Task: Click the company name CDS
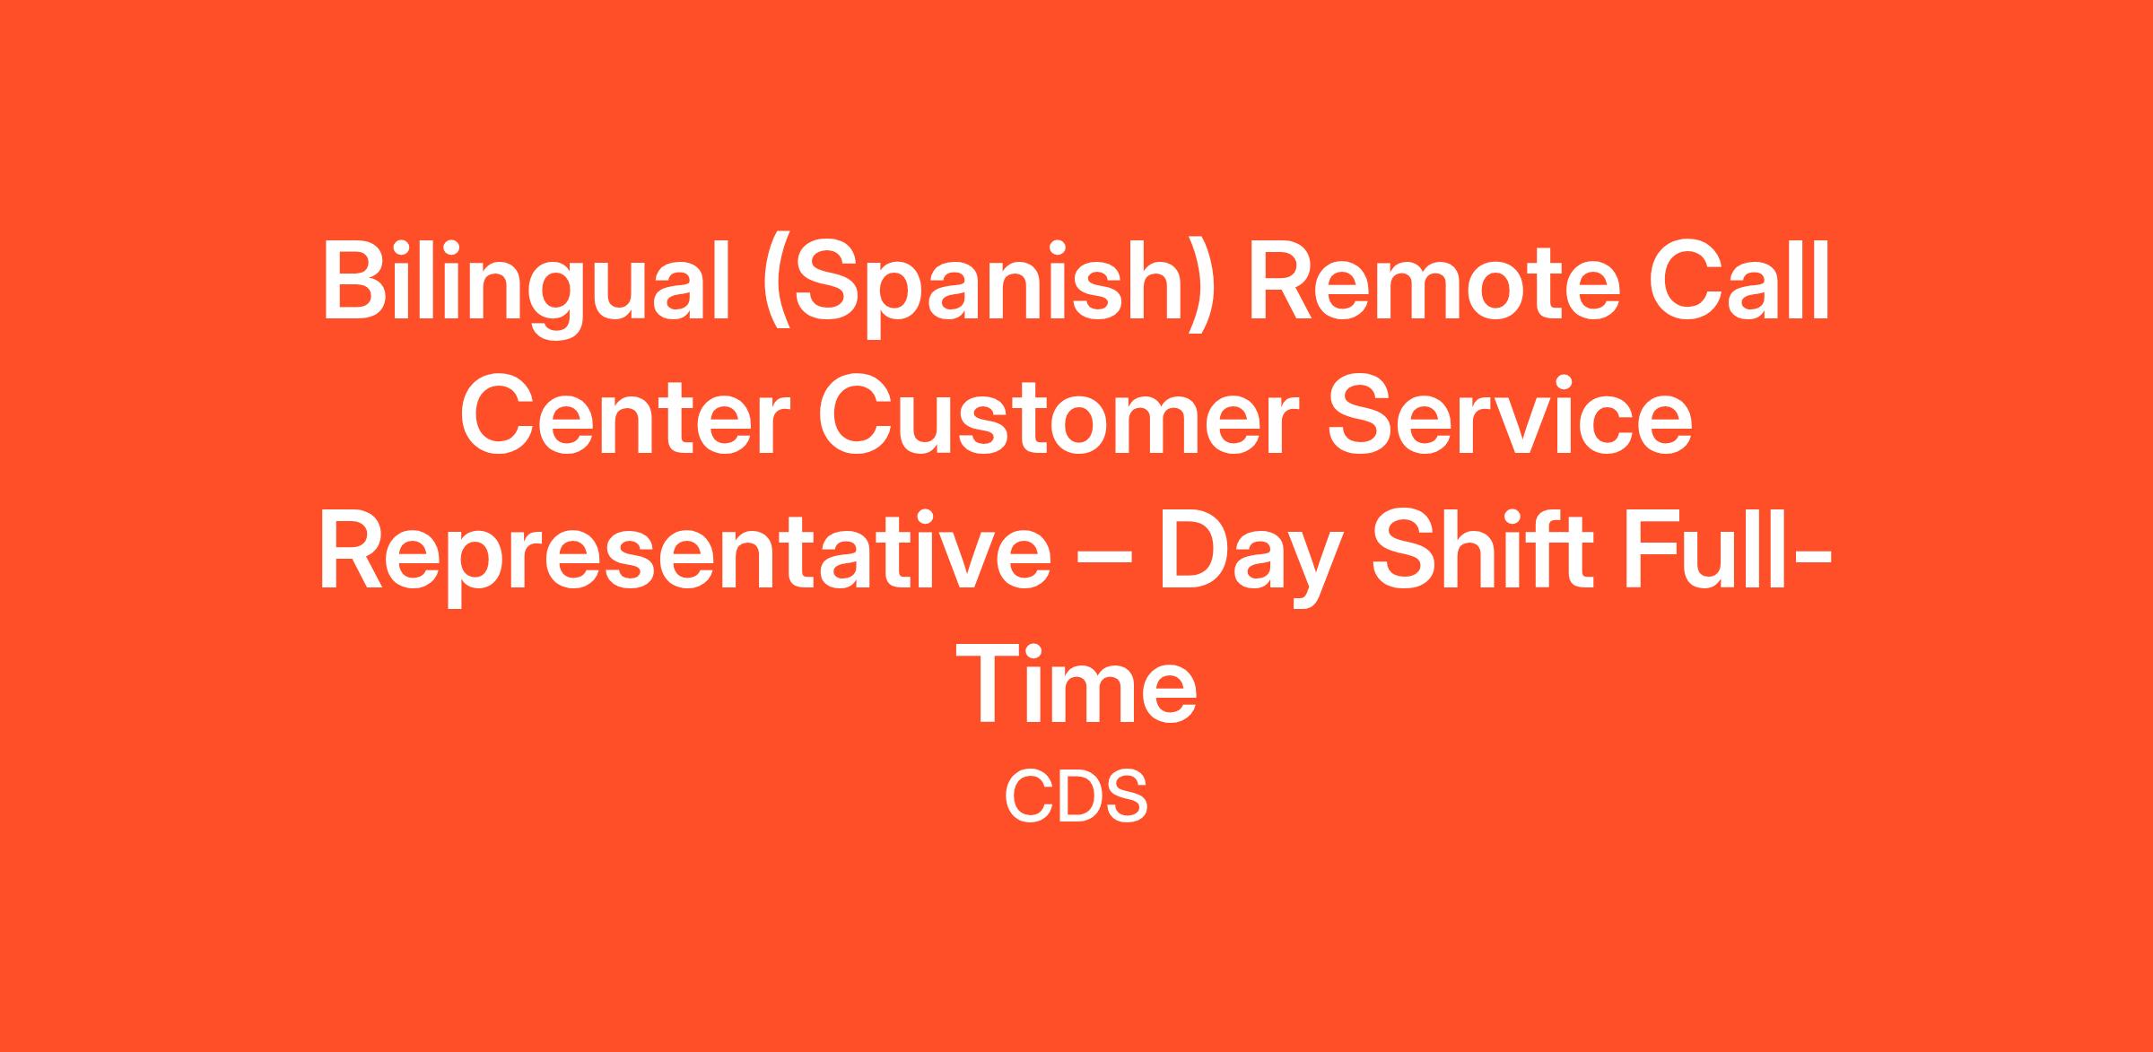[x=1076, y=797]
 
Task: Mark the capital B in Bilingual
[x=355, y=281]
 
